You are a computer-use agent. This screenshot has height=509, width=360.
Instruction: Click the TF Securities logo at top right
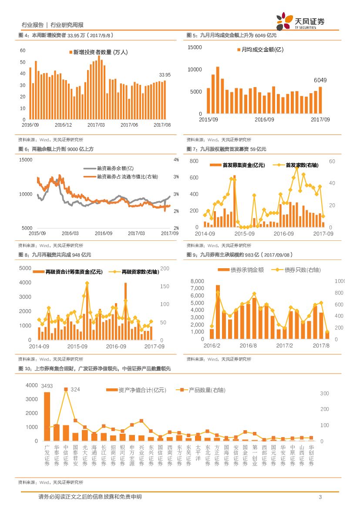(x=300, y=21)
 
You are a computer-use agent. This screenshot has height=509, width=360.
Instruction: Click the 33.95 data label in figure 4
(x=165, y=74)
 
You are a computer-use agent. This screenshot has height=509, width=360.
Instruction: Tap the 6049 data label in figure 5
(x=320, y=80)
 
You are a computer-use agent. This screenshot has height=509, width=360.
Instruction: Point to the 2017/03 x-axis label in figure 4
(x=96, y=125)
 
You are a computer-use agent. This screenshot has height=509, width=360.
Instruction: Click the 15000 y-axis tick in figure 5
(x=195, y=47)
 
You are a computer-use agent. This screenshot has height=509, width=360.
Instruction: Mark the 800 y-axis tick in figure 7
(x=194, y=161)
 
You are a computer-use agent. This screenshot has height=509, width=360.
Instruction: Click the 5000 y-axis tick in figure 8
(x=25, y=268)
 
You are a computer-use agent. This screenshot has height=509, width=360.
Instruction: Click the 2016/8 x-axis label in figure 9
(x=248, y=345)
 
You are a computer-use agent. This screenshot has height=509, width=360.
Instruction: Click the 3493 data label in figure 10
(x=47, y=386)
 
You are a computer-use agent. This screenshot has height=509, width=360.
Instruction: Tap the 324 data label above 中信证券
(x=75, y=389)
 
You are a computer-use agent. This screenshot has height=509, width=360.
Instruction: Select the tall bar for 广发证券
(x=47, y=416)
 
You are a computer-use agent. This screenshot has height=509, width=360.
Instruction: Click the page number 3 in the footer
(x=320, y=497)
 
